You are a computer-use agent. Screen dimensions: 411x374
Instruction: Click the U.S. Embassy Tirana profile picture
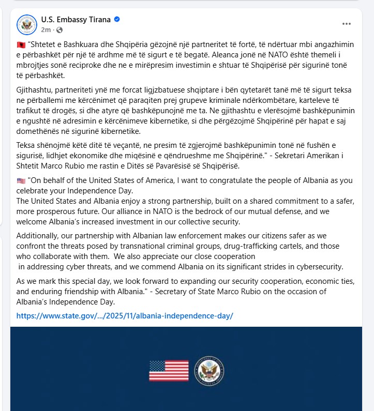[x=27, y=24]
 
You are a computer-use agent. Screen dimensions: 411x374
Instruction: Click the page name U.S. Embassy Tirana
[x=76, y=20]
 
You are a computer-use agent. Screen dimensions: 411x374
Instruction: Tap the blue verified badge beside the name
[x=117, y=20]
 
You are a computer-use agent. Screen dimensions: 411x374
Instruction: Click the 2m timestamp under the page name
[x=46, y=29]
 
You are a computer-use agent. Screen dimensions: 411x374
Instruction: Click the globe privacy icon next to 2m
[x=59, y=29]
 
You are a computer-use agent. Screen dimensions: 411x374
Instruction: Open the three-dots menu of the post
[x=346, y=24]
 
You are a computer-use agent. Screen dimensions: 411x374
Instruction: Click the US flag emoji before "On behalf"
[x=21, y=181]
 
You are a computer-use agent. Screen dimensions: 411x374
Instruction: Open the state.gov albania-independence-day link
[x=125, y=315]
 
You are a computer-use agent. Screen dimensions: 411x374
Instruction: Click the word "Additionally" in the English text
[x=39, y=236]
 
